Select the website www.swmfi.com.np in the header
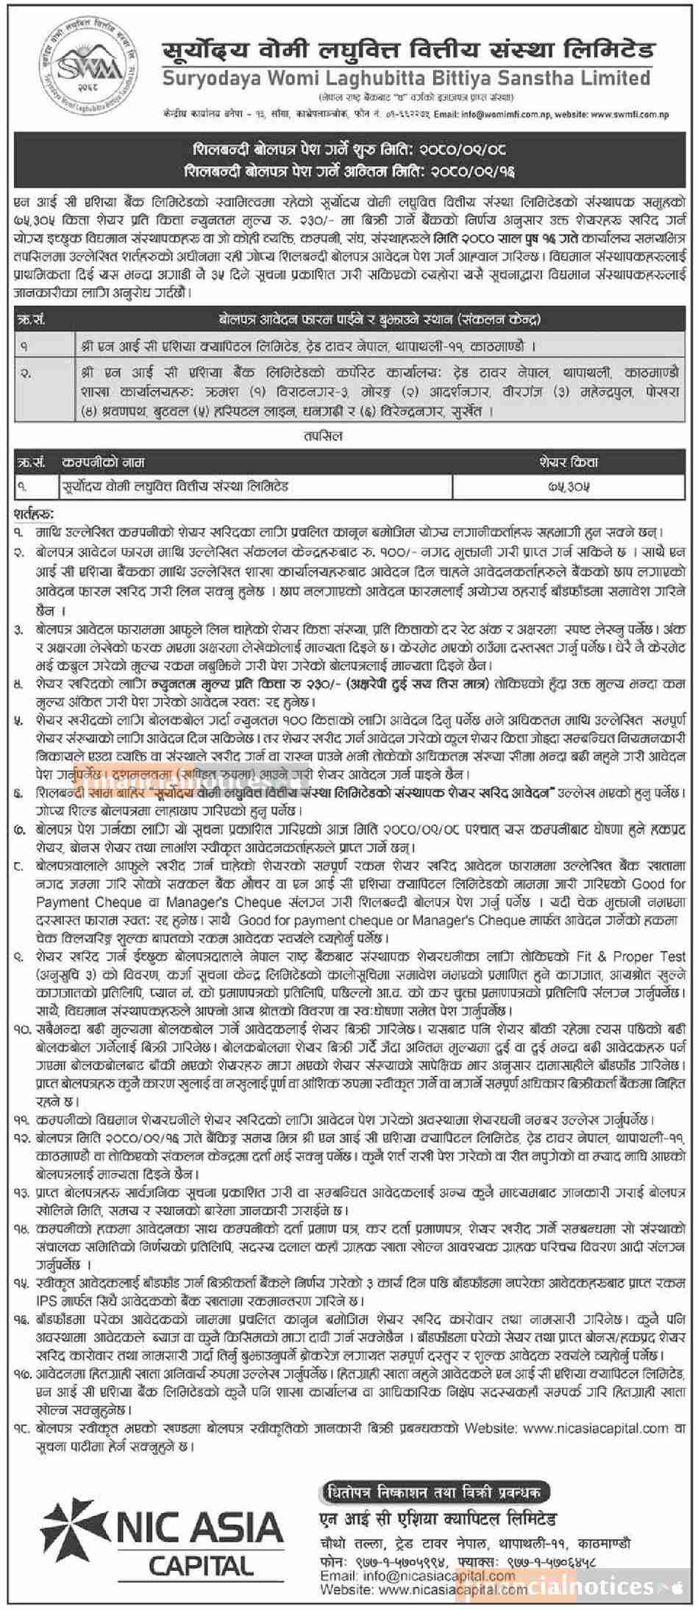point(629,115)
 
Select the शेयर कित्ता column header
point(569,463)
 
